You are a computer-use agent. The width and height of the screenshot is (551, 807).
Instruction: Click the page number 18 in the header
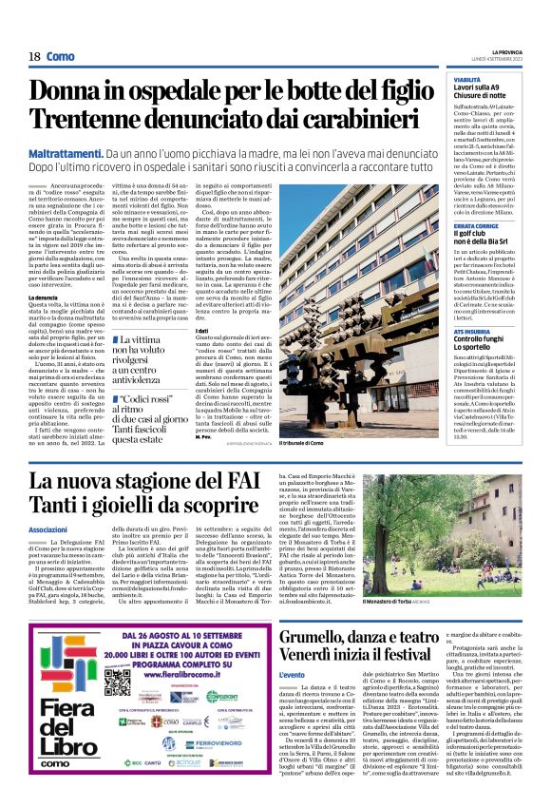pyautogui.click(x=33, y=56)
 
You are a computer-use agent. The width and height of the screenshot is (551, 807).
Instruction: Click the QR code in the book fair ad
pyautogui.click(x=115, y=657)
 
